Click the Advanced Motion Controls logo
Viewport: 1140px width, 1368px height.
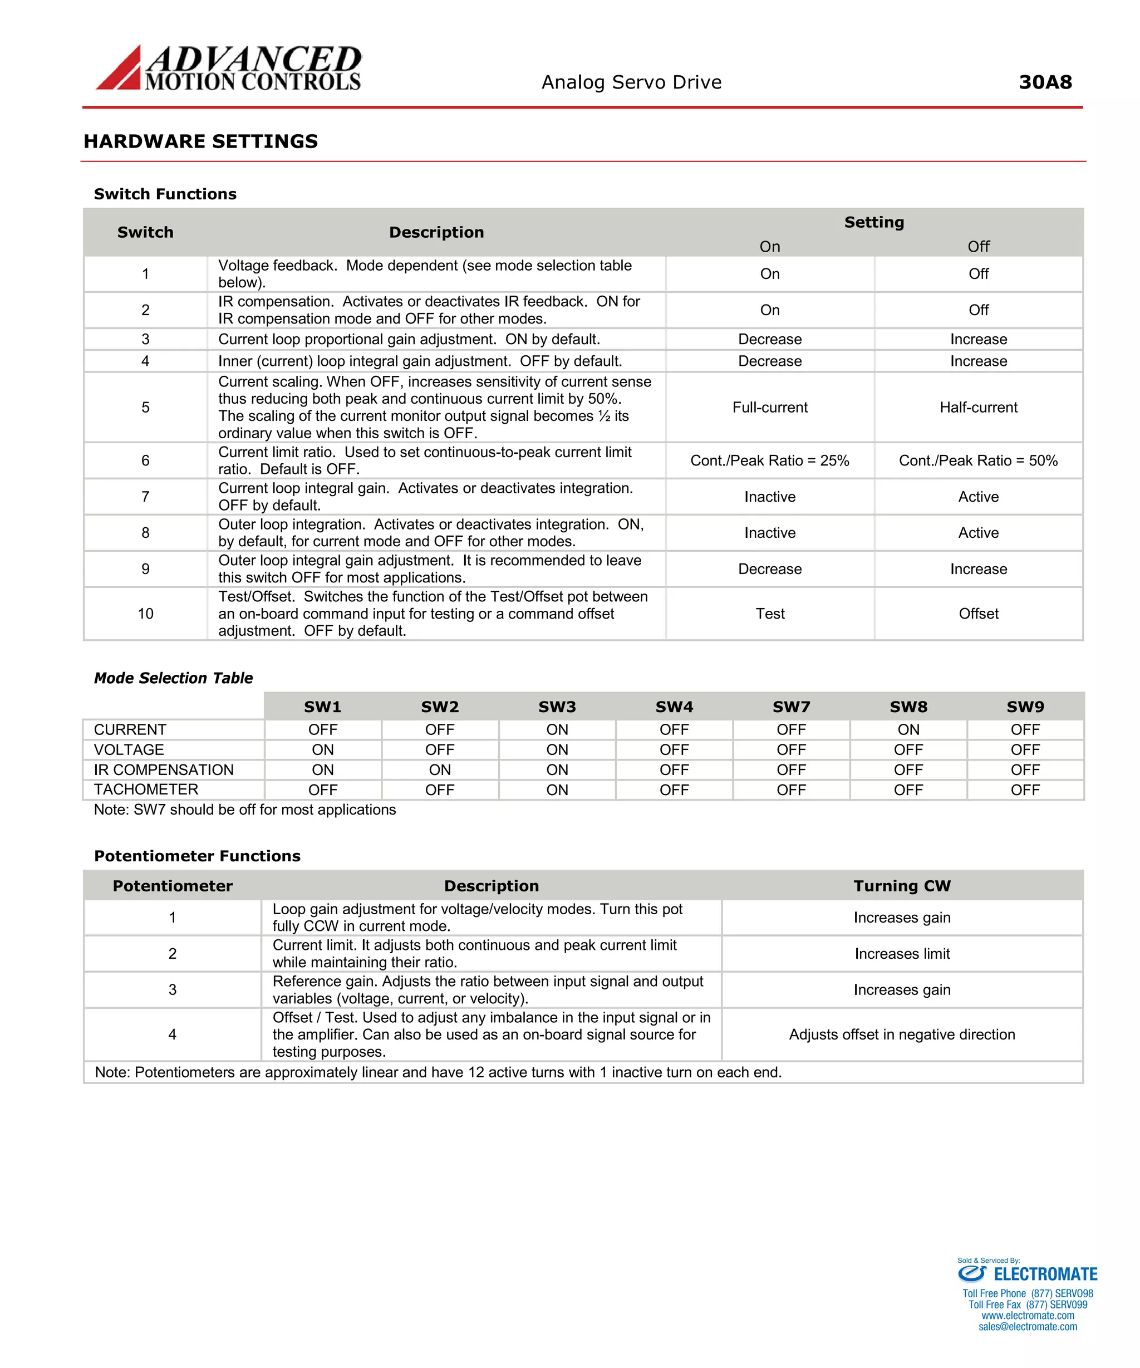click(228, 68)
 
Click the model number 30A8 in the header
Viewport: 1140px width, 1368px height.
click(1044, 82)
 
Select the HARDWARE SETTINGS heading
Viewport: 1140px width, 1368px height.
click(200, 141)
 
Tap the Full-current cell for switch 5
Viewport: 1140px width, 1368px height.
click(769, 407)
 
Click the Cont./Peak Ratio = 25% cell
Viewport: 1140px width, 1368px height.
click(769, 460)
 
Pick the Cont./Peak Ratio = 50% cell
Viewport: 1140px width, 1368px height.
click(978, 460)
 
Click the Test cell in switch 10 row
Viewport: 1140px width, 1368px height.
click(769, 614)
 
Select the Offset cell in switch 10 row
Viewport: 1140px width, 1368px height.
click(978, 614)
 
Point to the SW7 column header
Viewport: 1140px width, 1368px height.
click(791, 707)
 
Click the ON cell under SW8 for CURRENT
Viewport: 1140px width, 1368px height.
click(908, 729)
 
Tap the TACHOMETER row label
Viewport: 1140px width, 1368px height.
click(146, 790)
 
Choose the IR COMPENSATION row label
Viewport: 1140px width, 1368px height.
click(164, 769)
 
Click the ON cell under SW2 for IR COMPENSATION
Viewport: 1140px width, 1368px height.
click(440, 769)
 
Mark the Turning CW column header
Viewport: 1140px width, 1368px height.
click(902, 886)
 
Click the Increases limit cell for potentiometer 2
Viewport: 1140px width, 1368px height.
click(902, 954)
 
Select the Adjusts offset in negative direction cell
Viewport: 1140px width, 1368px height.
click(902, 1034)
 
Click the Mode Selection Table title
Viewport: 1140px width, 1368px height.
click(173, 678)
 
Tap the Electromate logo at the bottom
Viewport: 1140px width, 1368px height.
click(1028, 1274)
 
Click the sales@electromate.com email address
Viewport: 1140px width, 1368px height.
click(1028, 1327)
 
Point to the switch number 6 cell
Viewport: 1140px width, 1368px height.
click(145, 460)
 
